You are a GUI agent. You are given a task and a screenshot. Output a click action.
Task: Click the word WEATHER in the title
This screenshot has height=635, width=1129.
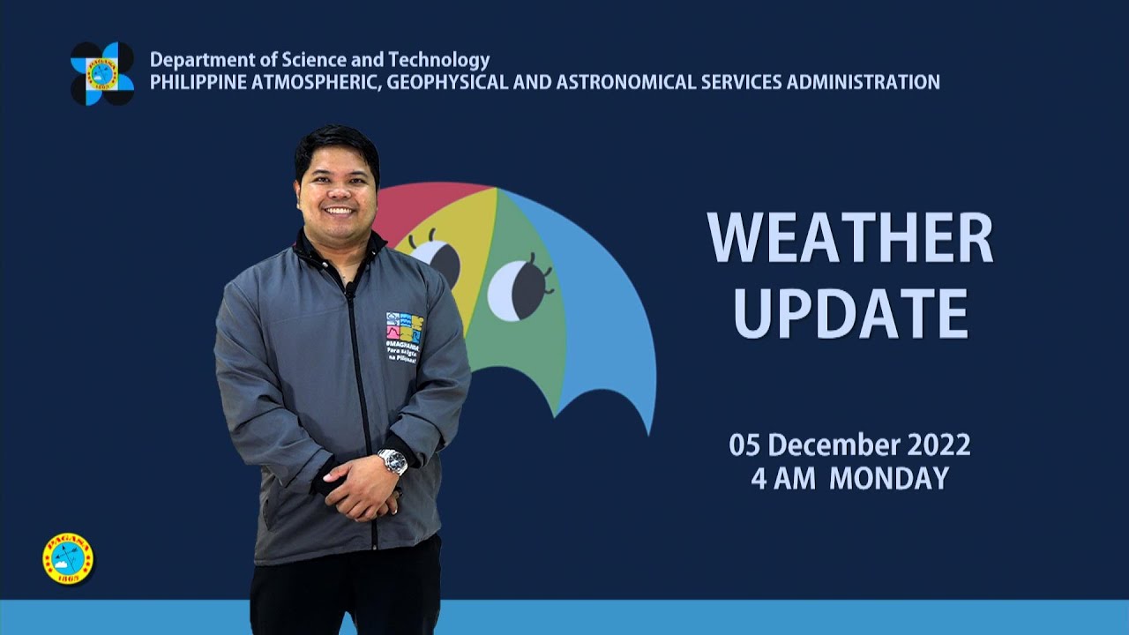coord(849,238)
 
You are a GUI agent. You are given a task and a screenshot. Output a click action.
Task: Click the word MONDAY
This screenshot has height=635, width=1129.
coord(888,478)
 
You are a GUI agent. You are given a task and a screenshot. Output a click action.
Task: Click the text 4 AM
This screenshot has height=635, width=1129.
coord(785,478)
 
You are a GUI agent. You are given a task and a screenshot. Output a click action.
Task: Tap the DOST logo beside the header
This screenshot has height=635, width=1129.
coord(102,73)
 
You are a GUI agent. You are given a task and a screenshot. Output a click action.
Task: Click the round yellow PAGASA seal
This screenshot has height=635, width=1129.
coord(67,558)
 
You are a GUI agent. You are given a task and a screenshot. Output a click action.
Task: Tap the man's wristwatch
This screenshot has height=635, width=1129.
coord(393,461)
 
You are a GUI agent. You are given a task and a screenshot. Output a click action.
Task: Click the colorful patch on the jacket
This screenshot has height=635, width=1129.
coord(404,328)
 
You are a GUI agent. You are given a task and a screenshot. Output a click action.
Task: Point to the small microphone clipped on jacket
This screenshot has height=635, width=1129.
coord(350,288)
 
